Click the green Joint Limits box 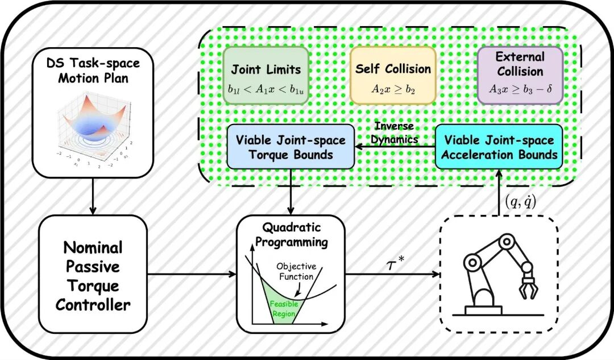(265, 76)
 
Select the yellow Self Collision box (393, 76)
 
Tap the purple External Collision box (520, 76)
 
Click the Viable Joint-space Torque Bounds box (291, 147)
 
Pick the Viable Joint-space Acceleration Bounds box (499, 147)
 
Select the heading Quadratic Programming (291, 234)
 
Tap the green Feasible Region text (284, 308)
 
